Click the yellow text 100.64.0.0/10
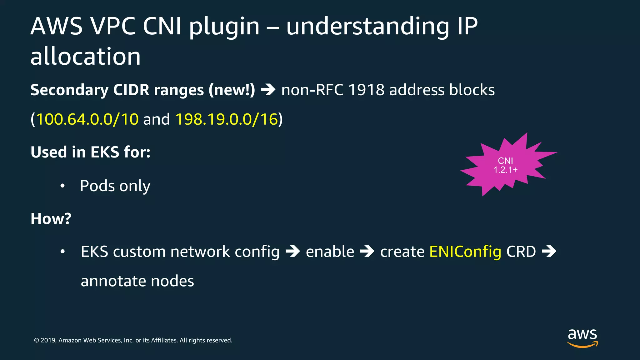[x=87, y=119]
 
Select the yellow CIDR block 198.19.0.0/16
[x=227, y=119]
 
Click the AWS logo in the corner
[x=582, y=337]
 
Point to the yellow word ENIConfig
[x=465, y=252]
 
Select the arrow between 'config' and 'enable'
[x=293, y=252]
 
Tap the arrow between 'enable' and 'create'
[x=367, y=252]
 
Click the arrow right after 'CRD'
[x=549, y=252]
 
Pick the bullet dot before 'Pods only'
[x=62, y=186]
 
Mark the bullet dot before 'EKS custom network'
[x=62, y=252]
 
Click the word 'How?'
[x=51, y=218]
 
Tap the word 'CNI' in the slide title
[x=162, y=26]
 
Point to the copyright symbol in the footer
[x=37, y=340]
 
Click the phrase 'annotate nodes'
[x=137, y=281]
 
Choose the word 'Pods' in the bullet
[x=97, y=186]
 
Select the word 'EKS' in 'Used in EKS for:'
[x=105, y=152]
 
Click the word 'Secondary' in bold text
[x=69, y=90]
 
